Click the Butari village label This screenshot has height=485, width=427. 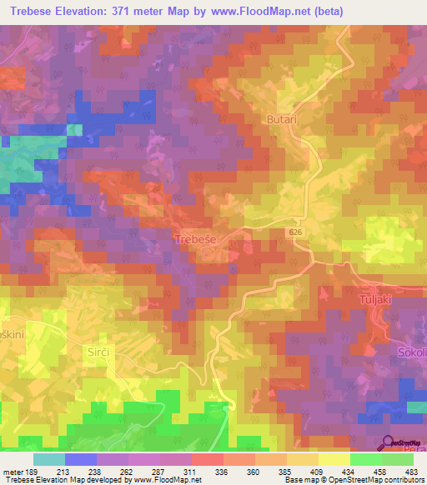tap(282, 120)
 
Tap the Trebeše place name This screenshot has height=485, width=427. tap(198, 239)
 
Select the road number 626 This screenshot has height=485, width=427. tap(299, 232)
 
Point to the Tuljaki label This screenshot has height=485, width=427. tap(374, 299)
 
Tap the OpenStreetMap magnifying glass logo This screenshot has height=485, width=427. tap(388, 442)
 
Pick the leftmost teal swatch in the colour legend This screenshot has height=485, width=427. tap(49, 459)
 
